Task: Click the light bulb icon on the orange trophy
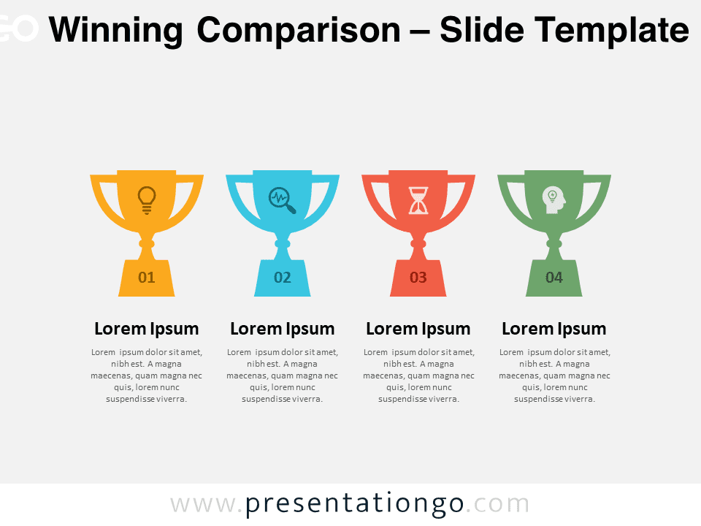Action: coord(147,200)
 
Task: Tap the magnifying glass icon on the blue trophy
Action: coord(282,200)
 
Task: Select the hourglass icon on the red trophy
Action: coord(418,200)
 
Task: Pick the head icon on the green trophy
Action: coord(554,200)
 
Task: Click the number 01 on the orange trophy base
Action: coord(147,278)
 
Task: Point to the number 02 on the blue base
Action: coord(283,278)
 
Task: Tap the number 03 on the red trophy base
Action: coord(418,278)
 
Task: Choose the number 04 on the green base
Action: coord(554,278)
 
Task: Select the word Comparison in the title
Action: coord(299,30)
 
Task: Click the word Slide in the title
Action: coord(481,29)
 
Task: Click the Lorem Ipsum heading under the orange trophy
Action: coord(147,329)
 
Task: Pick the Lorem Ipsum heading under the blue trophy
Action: coord(283,329)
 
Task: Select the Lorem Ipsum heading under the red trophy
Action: coord(418,329)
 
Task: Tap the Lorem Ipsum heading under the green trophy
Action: coord(554,329)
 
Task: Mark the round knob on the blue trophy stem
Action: coord(283,244)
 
